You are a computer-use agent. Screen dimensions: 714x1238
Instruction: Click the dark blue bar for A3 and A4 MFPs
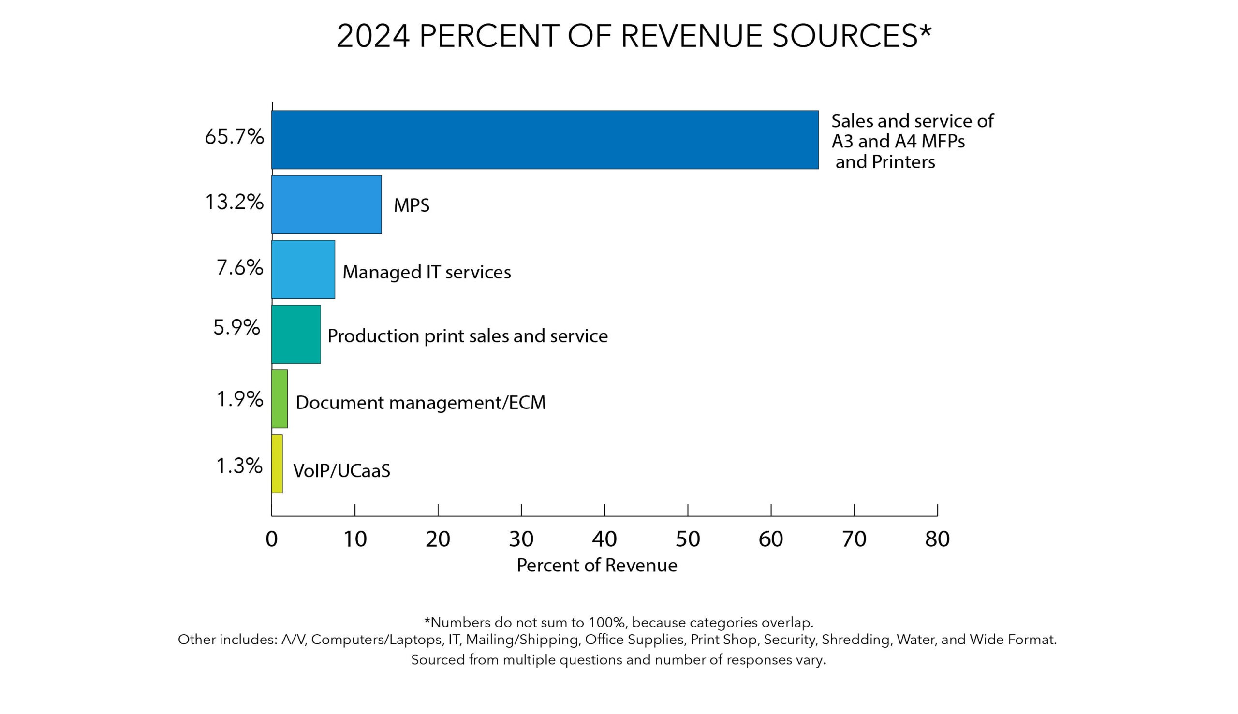[545, 140]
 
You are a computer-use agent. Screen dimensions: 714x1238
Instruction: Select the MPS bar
[326, 204]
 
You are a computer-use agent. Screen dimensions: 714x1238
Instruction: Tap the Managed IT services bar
[303, 269]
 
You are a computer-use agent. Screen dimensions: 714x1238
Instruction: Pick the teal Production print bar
[296, 334]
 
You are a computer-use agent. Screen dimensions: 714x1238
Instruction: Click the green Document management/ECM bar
[280, 399]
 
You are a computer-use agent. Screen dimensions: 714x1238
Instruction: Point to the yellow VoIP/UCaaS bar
[277, 464]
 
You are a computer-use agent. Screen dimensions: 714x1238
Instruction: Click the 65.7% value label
[234, 137]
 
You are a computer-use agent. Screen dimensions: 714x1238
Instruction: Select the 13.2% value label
[234, 202]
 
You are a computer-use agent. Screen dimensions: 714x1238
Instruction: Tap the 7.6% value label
[240, 268]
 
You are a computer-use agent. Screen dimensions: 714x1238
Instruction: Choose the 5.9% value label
[236, 327]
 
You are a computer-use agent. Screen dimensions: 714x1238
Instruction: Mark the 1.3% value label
[239, 466]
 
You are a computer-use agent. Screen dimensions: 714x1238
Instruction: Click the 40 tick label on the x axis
[604, 539]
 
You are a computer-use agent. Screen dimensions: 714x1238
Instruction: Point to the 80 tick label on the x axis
[937, 539]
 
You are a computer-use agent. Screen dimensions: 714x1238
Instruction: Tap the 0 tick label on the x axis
[271, 539]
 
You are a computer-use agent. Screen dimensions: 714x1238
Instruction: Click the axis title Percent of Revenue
[597, 566]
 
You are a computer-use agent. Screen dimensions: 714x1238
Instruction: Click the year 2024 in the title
[373, 36]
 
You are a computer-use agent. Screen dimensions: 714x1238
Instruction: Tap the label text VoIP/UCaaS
[341, 471]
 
